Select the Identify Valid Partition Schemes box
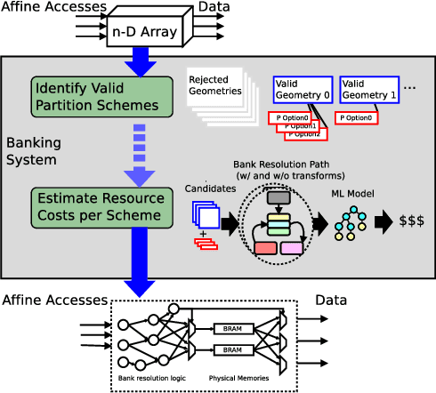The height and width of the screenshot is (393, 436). (x=101, y=96)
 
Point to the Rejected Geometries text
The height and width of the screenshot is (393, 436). (x=215, y=84)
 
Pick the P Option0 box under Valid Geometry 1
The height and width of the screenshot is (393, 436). (x=359, y=117)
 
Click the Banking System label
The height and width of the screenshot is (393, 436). (x=31, y=151)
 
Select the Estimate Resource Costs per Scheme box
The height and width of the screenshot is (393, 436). (x=101, y=205)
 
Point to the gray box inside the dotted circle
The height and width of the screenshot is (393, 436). (x=279, y=198)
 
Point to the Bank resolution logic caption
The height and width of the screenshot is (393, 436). (x=151, y=378)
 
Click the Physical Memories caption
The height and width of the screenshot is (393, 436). (x=238, y=378)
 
